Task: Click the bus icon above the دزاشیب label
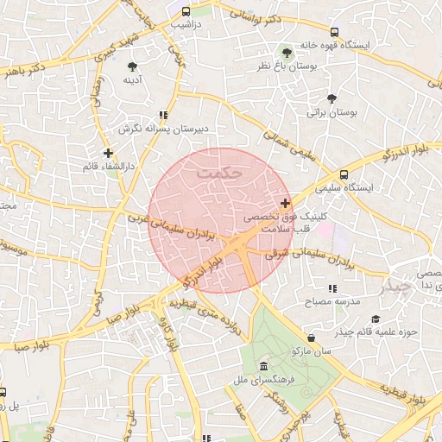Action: tap(186, 12)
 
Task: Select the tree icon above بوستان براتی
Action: tap(332, 98)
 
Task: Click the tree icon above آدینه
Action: tap(132, 66)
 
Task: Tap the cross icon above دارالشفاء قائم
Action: tap(108, 152)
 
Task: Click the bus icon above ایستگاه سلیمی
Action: tap(345, 173)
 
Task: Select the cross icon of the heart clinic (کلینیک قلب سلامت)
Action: tap(286, 204)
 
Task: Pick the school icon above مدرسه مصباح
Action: tap(331, 289)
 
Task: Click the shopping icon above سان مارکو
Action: tap(311, 338)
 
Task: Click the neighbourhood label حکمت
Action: tap(221, 172)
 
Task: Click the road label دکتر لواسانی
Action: tap(273, 17)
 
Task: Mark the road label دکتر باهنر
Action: tap(23, 71)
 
